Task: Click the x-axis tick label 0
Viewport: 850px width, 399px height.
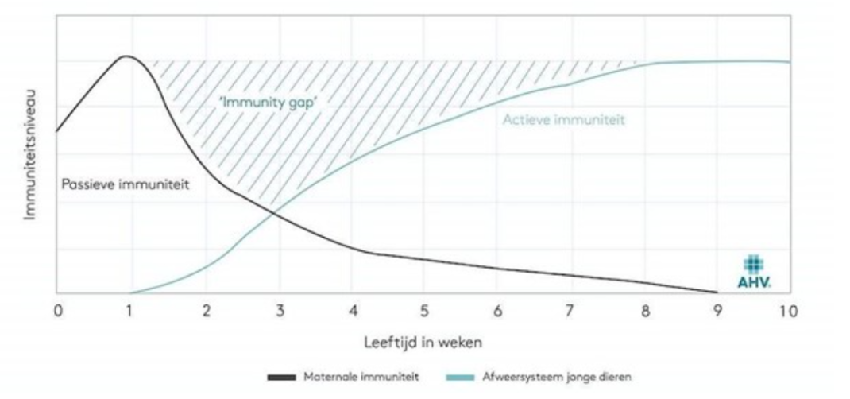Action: pyautogui.click(x=59, y=312)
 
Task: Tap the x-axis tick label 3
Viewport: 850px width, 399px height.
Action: pyautogui.click(x=280, y=312)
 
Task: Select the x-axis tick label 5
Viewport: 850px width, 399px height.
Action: pyautogui.click(x=424, y=312)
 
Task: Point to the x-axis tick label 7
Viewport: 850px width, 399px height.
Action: pyautogui.click(x=570, y=312)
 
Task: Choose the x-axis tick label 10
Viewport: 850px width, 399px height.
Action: pyautogui.click(x=789, y=312)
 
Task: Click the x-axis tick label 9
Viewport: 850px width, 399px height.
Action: pyautogui.click(x=717, y=312)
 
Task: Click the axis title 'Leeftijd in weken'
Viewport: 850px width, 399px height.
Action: pyautogui.click(x=423, y=343)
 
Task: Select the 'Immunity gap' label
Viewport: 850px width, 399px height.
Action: pyautogui.click(x=268, y=103)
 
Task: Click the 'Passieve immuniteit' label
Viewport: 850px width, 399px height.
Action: pyautogui.click(x=126, y=185)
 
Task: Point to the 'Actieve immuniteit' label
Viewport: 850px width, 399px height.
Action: pyautogui.click(x=564, y=119)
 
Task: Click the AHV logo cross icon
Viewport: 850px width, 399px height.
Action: pyautogui.click(x=753, y=264)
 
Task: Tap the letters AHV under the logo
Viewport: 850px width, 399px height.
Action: pyautogui.click(x=754, y=282)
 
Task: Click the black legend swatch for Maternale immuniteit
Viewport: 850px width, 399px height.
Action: pyautogui.click(x=281, y=377)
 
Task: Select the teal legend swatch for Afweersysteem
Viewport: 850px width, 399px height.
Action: pyautogui.click(x=460, y=377)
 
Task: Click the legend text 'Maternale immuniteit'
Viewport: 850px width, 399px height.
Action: pyautogui.click(x=361, y=377)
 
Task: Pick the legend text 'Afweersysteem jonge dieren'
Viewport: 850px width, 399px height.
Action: pyautogui.click(x=557, y=377)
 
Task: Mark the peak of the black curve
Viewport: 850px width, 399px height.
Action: pyautogui.click(x=126, y=56)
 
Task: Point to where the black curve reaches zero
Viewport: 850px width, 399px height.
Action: pyautogui.click(x=717, y=292)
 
